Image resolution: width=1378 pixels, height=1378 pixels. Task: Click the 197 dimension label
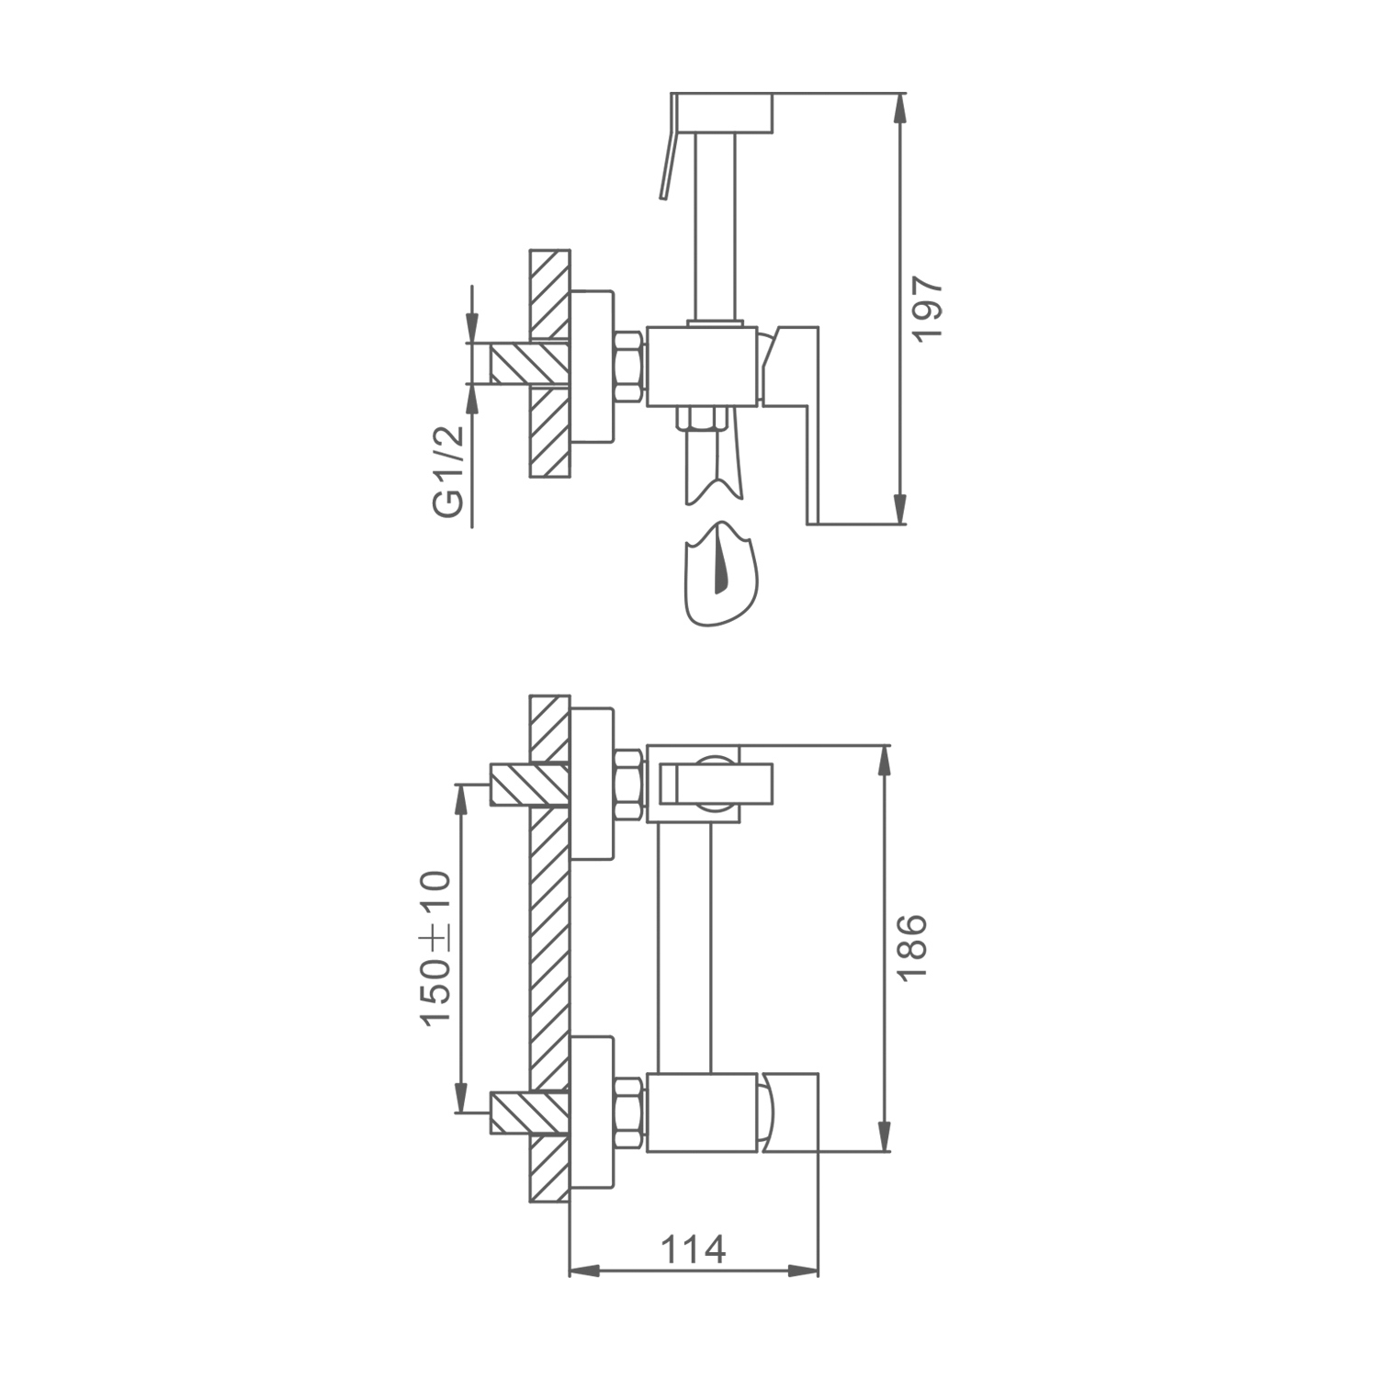929,308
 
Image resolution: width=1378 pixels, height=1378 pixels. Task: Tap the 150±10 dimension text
435,948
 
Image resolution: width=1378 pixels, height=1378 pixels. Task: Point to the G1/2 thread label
449,470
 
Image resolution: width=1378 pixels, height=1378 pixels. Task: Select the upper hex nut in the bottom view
628,785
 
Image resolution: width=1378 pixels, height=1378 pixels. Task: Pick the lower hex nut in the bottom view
628,1112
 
